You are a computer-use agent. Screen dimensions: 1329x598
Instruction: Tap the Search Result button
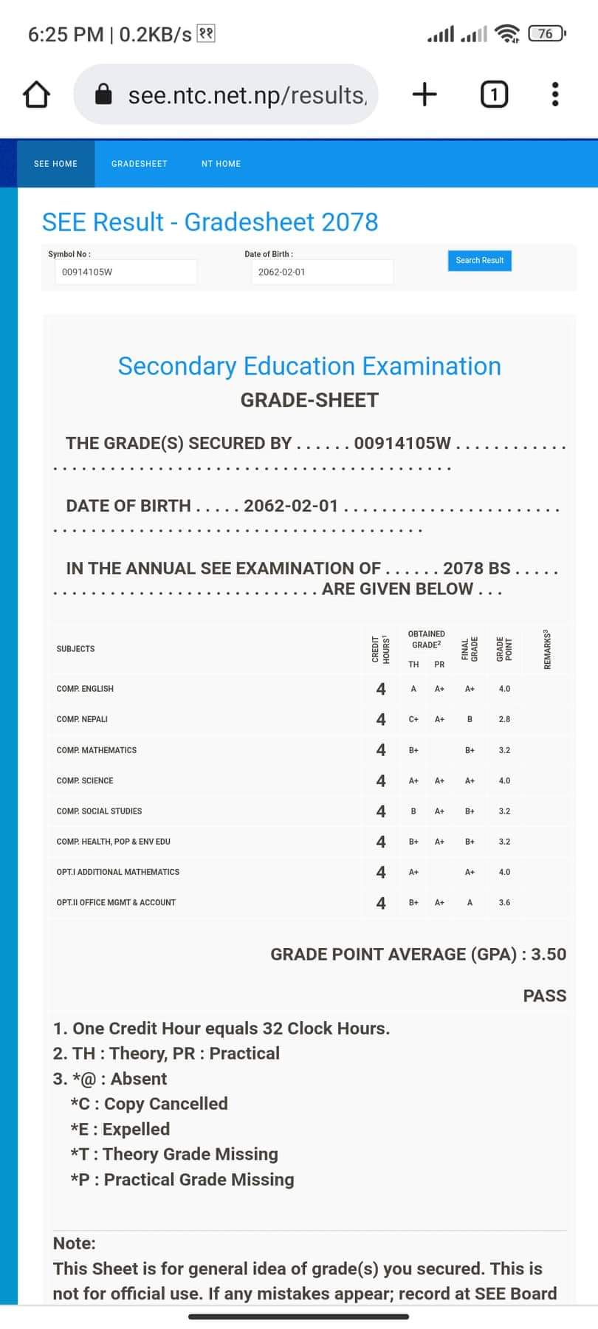tap(479, 261)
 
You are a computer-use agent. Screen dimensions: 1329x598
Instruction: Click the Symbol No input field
tap(126, 272)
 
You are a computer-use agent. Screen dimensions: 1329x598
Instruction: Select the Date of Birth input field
tap(321, 272)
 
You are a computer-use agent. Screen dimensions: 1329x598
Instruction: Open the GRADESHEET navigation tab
tap(140, 164)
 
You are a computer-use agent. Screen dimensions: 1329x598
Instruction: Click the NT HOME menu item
tap(221, 164)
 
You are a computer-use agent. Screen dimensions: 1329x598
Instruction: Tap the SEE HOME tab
tap(55, 164)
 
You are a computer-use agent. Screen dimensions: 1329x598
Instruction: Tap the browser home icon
tap(36, 95)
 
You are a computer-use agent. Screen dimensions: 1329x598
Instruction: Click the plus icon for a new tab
tap(425, 95)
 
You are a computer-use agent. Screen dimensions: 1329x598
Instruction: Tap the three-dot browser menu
tap(555, 95)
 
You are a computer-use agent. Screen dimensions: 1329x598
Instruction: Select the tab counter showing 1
tap(494, 95)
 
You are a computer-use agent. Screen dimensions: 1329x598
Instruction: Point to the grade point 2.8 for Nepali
tap(504, 719)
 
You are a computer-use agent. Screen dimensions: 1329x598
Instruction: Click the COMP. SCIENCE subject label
tap(85, 780)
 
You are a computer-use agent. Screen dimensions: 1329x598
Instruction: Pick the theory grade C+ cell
tap(413, 719)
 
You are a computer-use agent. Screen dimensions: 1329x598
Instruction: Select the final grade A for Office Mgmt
tap(470, 902)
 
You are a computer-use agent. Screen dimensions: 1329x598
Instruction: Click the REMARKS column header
tap(547, 650)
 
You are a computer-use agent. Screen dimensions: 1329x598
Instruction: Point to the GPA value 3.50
tap(549, 954)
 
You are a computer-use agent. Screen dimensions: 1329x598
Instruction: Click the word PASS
tap(544, 996)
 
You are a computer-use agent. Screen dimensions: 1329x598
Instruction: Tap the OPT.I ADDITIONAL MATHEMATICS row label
tap(118, 872)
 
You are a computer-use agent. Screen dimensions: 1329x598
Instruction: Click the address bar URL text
tap(247, 95)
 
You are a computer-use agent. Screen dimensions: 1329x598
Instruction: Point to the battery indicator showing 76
tap(546, 33)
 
